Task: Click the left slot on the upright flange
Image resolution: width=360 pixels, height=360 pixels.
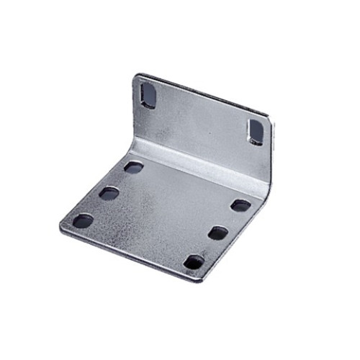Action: [148, 96]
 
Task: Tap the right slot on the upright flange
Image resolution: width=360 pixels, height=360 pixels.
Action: [256, 130]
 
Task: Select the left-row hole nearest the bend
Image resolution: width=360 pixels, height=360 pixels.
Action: [133, 167]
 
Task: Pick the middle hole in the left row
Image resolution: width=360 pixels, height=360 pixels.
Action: [109, 193]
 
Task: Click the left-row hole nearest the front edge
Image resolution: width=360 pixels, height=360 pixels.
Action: [83, 220]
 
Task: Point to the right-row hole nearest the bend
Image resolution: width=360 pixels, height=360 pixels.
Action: [240, 205]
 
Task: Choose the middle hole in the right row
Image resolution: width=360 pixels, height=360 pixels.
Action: [218, 233]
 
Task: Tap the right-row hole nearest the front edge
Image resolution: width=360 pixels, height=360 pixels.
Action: [194, 262]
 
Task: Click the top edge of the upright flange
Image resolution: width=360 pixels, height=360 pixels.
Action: [205, 94]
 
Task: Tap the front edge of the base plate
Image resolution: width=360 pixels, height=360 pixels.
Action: [130, 254]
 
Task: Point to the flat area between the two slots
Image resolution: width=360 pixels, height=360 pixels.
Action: [202, 119]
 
